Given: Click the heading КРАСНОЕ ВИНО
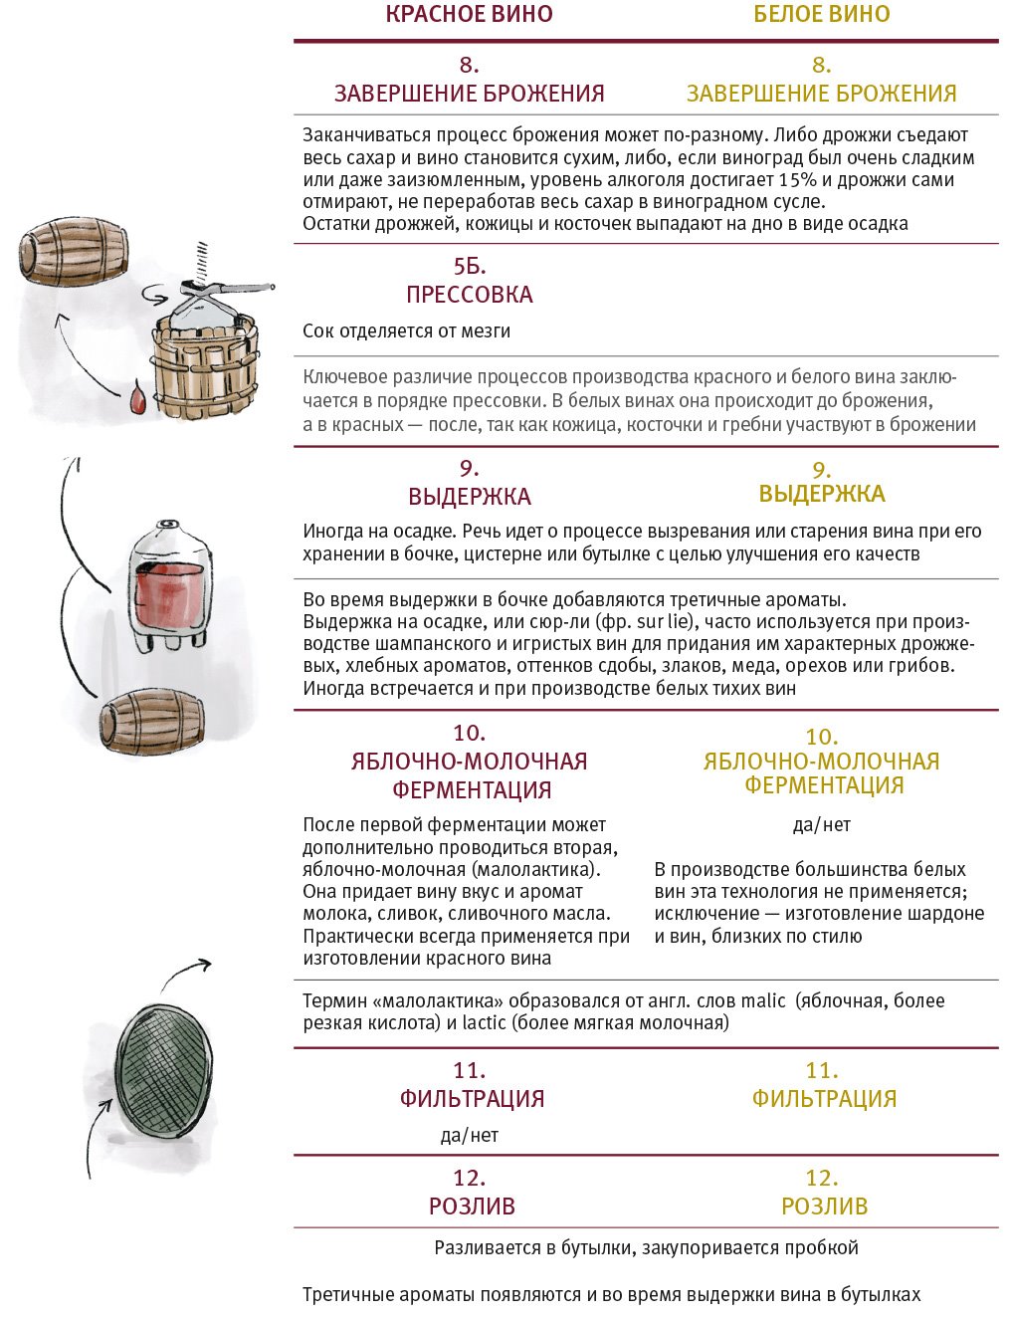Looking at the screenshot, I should point(469,14).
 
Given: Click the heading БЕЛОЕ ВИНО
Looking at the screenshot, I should point(821,14).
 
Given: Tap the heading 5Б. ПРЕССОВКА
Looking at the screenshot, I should point(469,281).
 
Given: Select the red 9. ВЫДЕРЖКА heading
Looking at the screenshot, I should point(469,483).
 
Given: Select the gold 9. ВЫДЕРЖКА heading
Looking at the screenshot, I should point(821,483).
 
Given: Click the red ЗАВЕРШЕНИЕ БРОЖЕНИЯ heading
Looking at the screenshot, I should point(469,94).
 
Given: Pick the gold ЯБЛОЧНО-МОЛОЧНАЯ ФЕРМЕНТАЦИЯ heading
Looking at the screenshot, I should point(821,772).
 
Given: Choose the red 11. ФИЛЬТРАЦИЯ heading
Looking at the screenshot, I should point(471,1086).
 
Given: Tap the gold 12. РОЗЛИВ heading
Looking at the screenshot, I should point(824,1193).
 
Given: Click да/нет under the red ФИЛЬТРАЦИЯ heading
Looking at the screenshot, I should point(469,1135).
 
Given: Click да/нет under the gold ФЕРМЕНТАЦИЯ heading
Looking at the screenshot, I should point(821,824).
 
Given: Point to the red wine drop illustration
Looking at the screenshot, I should point(136,398).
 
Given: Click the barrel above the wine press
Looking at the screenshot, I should point(73,254).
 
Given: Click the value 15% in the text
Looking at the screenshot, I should point(797,180).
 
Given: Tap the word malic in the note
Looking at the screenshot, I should point(763,1000).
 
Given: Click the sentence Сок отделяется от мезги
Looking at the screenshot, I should point(406,331).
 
